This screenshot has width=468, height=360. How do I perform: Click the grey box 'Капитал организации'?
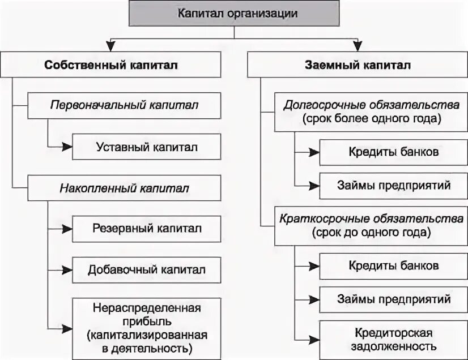point(234,14)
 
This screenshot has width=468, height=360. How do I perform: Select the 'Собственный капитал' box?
point(110,65)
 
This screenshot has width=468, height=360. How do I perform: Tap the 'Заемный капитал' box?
point(357,65)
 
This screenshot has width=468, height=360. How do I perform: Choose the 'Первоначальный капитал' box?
point(124,105)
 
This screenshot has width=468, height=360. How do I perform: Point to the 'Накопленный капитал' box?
point(124,187)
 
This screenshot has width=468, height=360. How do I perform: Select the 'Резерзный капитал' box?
point(146,229)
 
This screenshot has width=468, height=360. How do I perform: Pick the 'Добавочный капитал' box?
point(146,269)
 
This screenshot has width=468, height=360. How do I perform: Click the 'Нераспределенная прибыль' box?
point(146,328)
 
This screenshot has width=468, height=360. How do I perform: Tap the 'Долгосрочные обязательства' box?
point(371,112)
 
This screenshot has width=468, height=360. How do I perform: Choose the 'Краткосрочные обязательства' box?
point(371,225)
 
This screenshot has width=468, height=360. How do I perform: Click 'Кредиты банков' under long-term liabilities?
point(393,152)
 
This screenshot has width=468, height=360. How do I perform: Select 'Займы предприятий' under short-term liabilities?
point(393,298)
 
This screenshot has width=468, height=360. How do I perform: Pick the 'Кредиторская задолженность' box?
point(393,338)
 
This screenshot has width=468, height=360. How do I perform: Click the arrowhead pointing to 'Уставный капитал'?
point(67,147)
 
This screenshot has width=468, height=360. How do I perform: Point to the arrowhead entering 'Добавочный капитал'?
point(67,269)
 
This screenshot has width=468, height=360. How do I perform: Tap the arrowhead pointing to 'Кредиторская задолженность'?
point(314,338)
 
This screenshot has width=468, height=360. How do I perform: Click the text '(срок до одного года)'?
point(371,232)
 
